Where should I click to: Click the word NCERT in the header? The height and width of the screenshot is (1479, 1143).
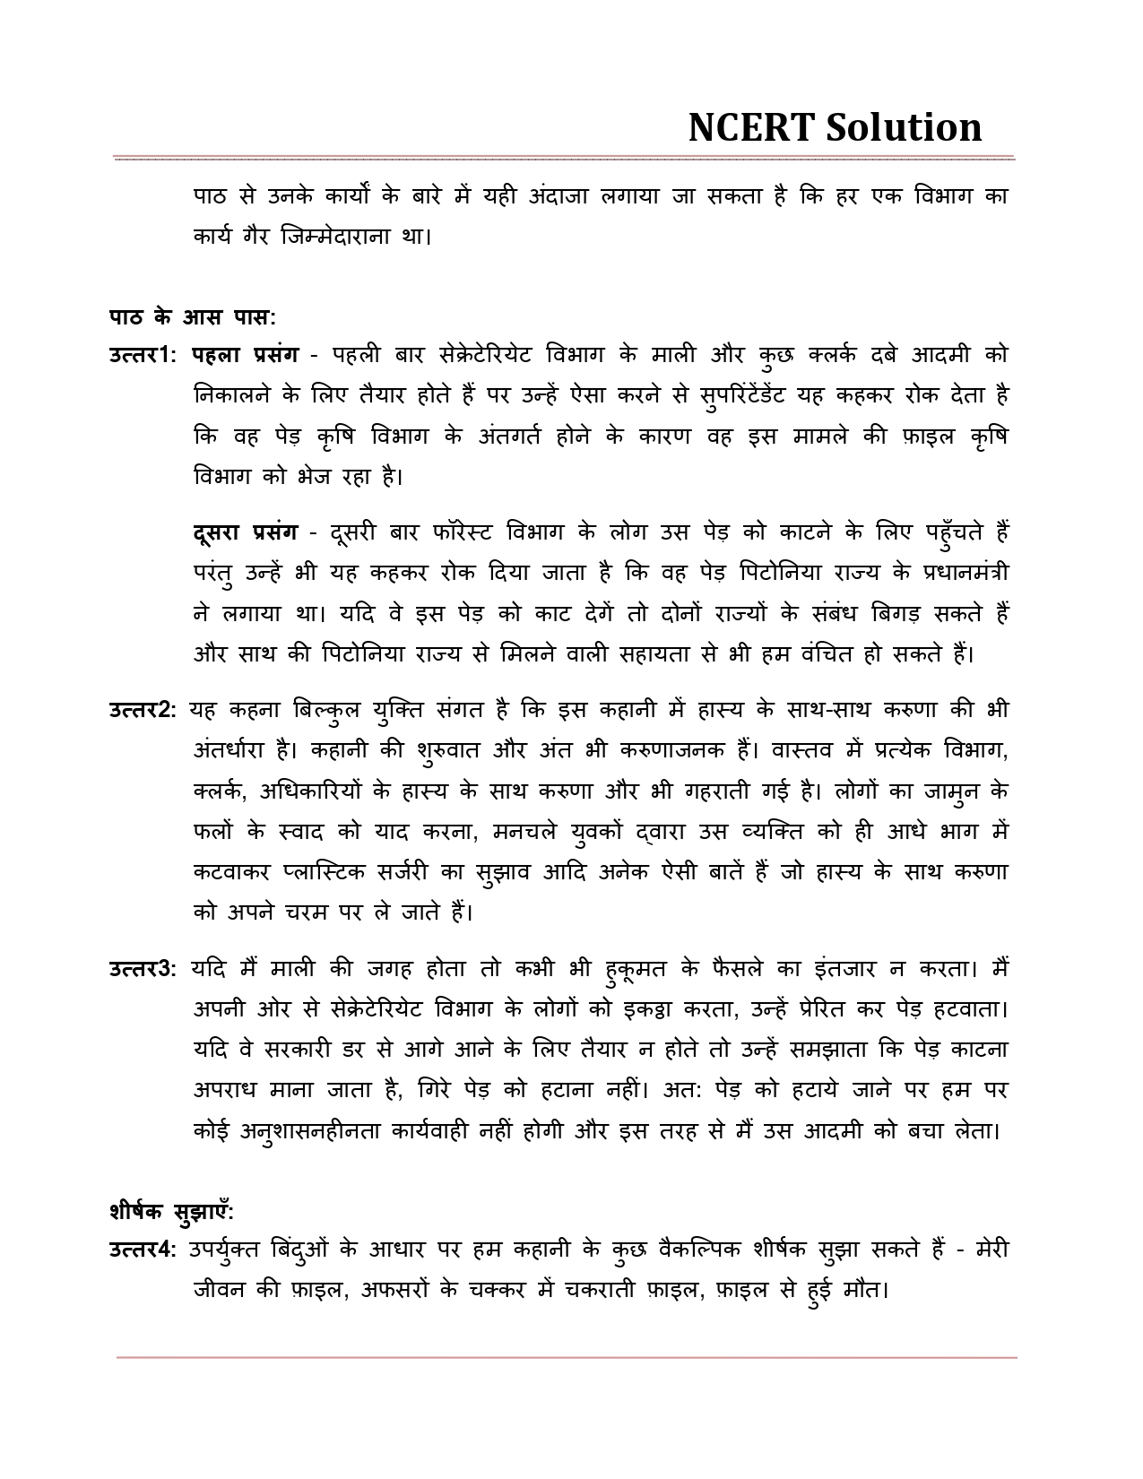tap(749, 127)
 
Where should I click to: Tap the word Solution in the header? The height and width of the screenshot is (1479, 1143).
tap(903, 127)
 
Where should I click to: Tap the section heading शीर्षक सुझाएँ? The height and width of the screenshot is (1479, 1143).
tap(171, 1211)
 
